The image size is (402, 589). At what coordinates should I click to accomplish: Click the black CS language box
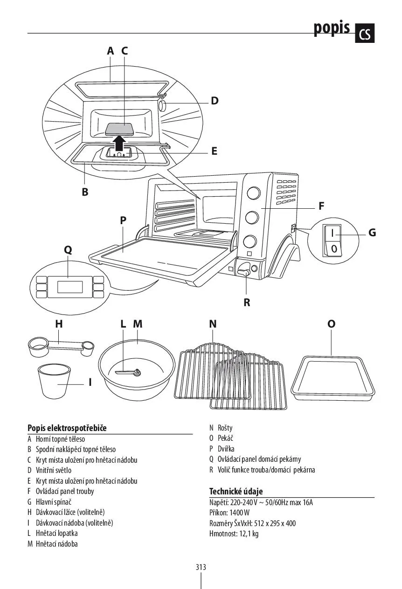[x=365, y=33]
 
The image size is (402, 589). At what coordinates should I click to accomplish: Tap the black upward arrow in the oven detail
[x=120, y=143]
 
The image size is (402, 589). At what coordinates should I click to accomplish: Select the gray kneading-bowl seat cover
[x=118, y=129]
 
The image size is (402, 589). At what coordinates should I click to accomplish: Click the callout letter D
[x=215, y=101]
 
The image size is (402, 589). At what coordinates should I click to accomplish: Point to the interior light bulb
[x=162, y=106]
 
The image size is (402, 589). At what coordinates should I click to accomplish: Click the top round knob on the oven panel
[x=254, y=193]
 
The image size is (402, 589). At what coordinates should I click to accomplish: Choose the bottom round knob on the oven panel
[x=250, y=241]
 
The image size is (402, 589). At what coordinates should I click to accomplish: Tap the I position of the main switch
[x=333, y=233]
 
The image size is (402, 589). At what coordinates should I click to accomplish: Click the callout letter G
[x=372, y=233]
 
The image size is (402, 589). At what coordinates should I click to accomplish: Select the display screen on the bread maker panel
[x=70, y=287]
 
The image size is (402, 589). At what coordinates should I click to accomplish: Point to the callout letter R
[x=247, y=302]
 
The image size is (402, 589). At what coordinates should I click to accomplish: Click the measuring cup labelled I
[x=54, y=381]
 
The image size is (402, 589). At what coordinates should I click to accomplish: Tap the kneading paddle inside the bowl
[x=128, y=372]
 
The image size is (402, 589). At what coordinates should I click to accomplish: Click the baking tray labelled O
[x=333, y=378]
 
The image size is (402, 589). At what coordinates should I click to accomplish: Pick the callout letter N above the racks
[x=213, y=324]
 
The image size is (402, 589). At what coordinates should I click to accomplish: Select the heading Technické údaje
[x=236, y=491]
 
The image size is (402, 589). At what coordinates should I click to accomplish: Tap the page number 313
[x=201, y=567]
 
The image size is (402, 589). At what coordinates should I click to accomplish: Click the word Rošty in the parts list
[x=225, y=428]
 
